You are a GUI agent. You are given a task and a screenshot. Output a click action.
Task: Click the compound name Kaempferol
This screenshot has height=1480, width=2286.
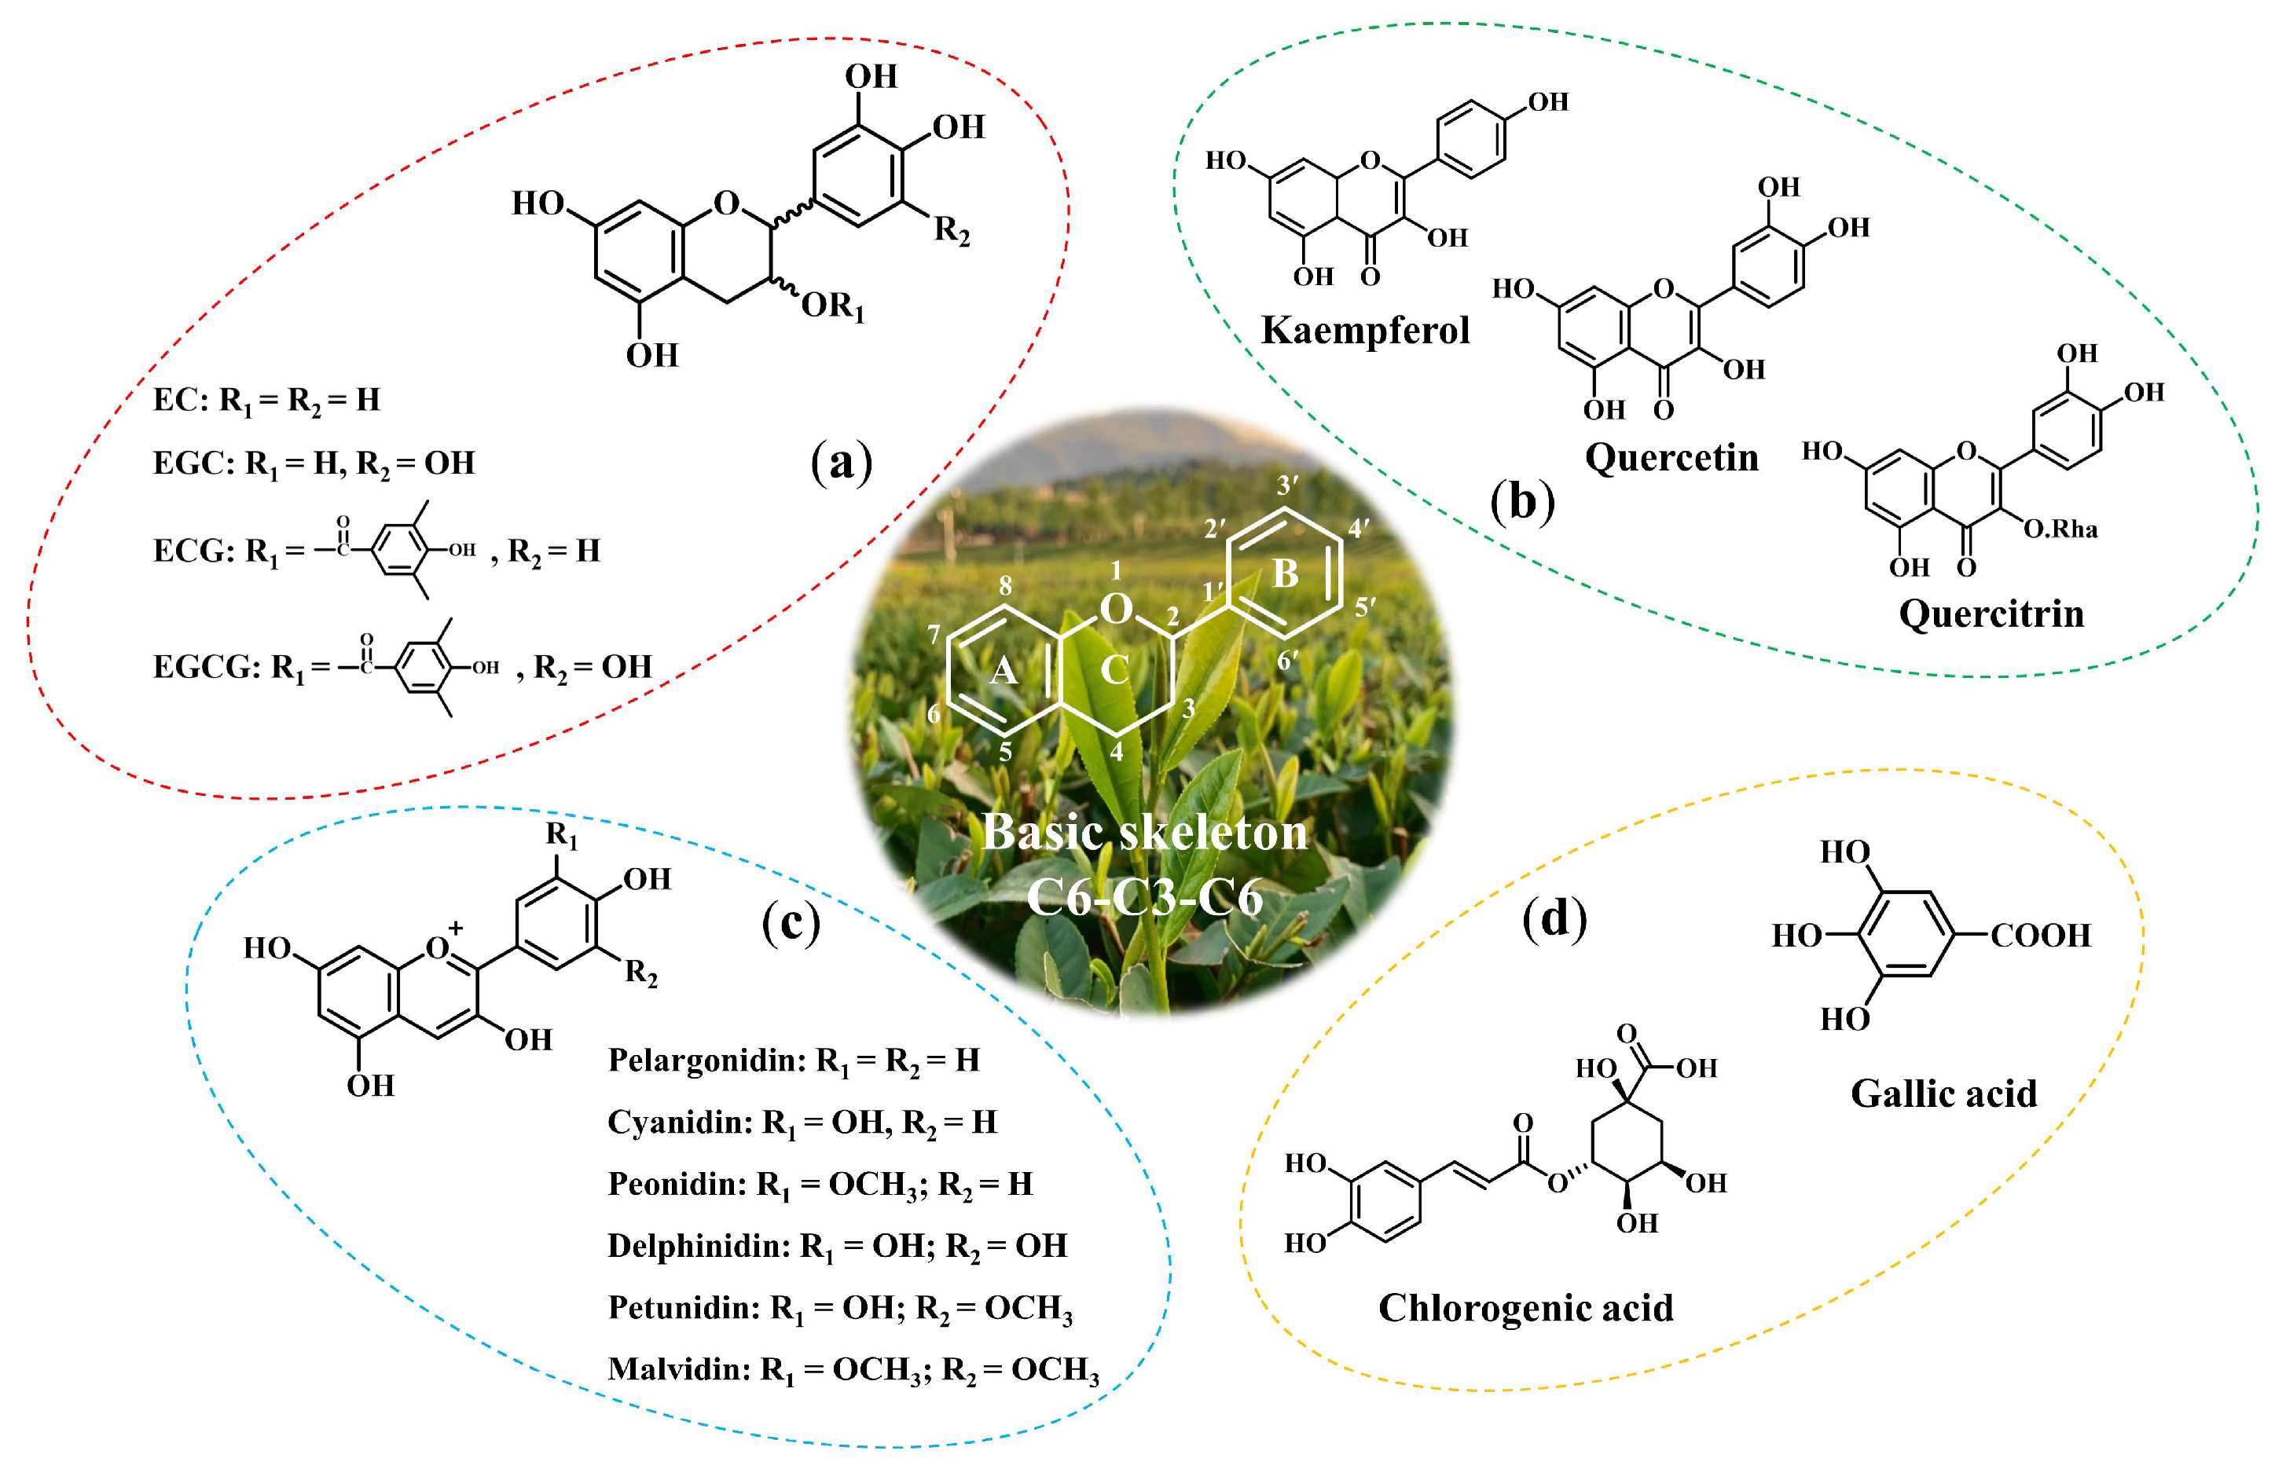[x=1364, y=331]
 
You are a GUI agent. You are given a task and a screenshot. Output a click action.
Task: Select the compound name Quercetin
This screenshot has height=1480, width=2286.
[x=1671, y=457]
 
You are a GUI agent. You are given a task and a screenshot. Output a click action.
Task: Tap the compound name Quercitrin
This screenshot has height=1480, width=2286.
[x=1991, y=614]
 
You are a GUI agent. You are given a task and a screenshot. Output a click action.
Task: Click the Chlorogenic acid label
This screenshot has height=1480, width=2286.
[x=1525, y=1308]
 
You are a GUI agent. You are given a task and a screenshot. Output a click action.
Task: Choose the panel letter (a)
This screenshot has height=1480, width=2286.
[x=842, y=462]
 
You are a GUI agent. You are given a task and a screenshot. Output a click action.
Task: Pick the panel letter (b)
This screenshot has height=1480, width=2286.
[x=1522, y=500]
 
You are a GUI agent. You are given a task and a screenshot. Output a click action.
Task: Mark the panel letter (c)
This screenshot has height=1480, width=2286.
[x=791, y=923]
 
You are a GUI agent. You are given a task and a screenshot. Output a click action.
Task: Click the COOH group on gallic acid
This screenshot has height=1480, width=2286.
[x=2040, y=936]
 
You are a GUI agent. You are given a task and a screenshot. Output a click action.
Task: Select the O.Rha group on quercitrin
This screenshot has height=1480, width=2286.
[x=2060, y=529]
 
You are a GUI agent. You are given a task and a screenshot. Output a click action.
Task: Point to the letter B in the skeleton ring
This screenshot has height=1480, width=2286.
[x=1285, y=573]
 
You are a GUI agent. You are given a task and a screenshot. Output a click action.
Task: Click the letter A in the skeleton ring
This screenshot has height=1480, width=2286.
[x=1003, y=670]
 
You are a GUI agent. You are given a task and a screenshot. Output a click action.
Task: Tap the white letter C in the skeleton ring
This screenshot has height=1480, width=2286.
[x=1114, y=669]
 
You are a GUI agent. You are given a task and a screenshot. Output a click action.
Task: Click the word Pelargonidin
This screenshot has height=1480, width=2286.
[x=706, y=1061]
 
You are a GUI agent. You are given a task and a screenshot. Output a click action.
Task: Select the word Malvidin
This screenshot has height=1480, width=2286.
[x=678, y=1368]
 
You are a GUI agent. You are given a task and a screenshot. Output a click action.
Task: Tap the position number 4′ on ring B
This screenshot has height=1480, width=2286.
[x=1358, y=527]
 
